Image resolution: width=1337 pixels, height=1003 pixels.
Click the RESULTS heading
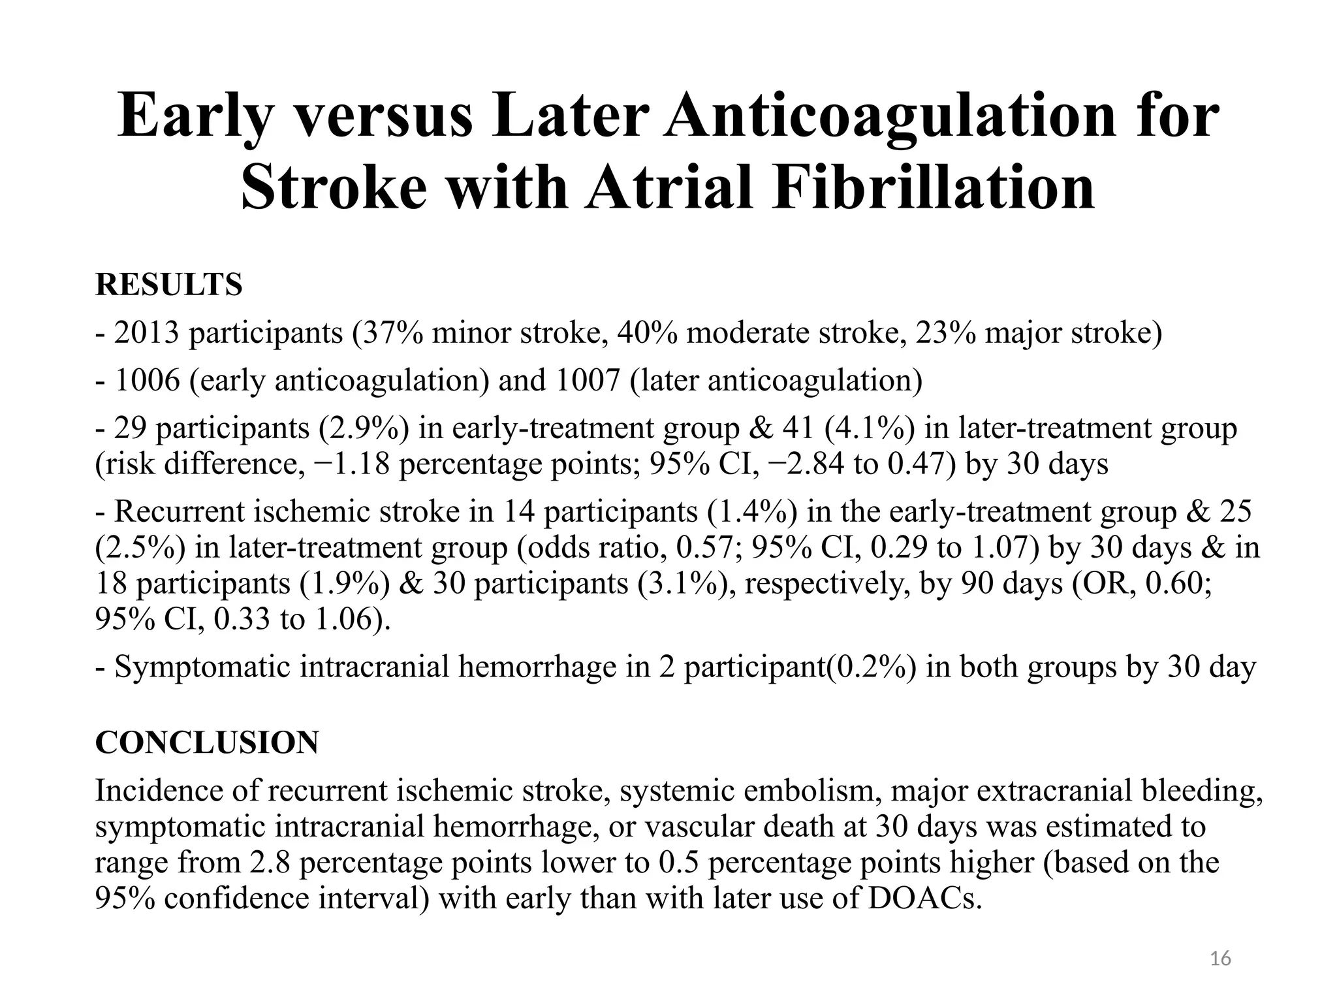tap(168, 285)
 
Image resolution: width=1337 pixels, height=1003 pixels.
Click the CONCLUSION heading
tap(207, 742)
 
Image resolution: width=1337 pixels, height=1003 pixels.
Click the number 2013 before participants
tap(147, 333)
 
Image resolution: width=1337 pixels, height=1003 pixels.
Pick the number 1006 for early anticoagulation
tap(147, 381)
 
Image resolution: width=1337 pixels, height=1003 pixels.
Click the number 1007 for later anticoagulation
tap(587, 381)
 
